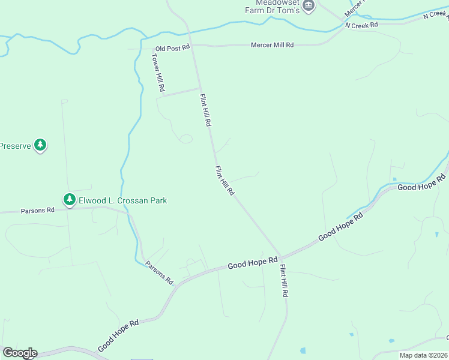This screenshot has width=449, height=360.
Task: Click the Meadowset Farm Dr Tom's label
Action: [271, 6]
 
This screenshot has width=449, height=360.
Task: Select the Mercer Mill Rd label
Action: [272, 45]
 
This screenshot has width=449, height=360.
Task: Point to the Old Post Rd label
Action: [172, 47]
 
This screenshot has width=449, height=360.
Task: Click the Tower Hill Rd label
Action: [158, 72]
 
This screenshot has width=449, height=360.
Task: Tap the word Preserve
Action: [14, 146]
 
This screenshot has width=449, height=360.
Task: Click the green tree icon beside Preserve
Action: [40, 145]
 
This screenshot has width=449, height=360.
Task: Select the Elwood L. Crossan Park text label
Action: [122, 200]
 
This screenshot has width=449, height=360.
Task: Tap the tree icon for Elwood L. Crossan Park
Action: [70, 199]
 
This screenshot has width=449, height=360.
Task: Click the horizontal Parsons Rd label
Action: [37, 211]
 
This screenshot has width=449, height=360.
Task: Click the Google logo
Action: [19, 353]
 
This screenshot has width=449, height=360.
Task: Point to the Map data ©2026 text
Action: [423, 355]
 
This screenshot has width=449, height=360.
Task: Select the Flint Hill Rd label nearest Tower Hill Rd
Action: [206, 109]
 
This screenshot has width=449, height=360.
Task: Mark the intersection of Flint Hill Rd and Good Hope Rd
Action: [280, 256]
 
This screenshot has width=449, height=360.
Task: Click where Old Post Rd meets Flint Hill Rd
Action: [192, 45]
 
